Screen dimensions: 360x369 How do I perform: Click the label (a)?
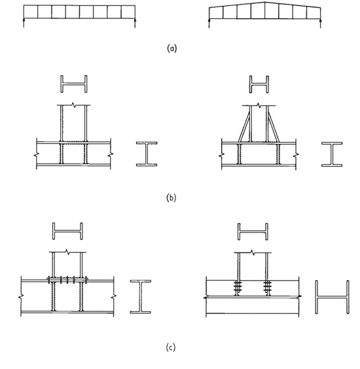pyautogui.click(x=171, y=48)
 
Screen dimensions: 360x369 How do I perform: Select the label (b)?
pyautogui.click(x=171, y=198)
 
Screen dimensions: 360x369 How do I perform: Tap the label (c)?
pyautogui.click(x=171, y=347)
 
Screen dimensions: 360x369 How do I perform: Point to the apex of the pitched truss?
pyautogui.click(x=264, y=2)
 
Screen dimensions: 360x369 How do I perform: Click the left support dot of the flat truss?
pyautogui.click(x=24, y=20)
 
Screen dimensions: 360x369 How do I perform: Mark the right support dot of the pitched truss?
pyautogui.click(x=321, y=21)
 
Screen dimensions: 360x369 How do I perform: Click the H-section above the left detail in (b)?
pyautogui.click(x=74, y=84)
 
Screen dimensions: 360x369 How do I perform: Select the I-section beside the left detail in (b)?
pyautogui.click(x=147, y=154)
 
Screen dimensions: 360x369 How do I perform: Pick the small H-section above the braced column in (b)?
pyautogui.click(x=259, y=84)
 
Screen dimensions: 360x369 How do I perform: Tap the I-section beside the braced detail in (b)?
pyautogui.click(x=332, y=154)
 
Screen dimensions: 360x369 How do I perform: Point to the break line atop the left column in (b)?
pyautogui.click(x=74, y=105)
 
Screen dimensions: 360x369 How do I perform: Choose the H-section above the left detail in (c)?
pyautogui.click(x=67, y=231)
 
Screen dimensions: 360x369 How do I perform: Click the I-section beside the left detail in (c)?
pyautogui.click(x=141, y=297)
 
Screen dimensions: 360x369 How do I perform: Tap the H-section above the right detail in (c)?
pyautogui.click(x=253, y=232)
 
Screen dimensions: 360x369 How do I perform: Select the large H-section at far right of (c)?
pyautogui.click(x=333, y=297)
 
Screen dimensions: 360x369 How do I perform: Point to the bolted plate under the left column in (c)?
pyautogui.click(x=67, y=280)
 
